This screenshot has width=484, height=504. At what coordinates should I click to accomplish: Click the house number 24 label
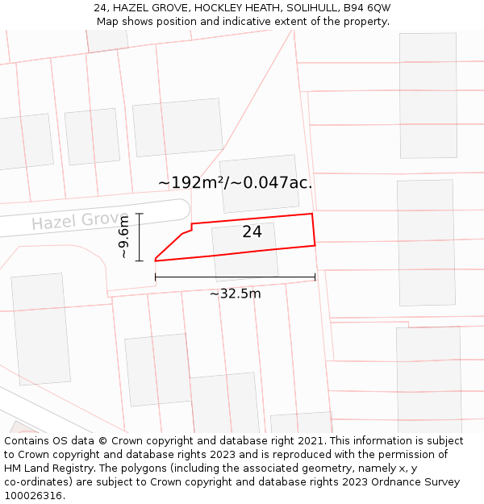coord(252,232)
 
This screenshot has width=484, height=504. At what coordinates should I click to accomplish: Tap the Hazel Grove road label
coord(74,221)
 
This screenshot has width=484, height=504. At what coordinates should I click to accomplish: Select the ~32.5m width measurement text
coord(235,294)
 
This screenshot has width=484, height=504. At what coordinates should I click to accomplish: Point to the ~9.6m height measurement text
coord(123,237)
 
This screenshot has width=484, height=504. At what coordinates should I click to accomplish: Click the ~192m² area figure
coord(191,183)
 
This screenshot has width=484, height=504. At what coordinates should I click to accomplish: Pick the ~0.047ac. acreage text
coord(272,183)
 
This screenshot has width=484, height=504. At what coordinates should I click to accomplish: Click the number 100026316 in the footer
coord(33,496)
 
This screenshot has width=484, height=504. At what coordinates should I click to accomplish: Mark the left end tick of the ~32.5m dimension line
coord(155,277)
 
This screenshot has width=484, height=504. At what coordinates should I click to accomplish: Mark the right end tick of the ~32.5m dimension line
coord(315,277)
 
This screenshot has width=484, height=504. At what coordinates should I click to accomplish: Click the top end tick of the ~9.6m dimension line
coord(139,214)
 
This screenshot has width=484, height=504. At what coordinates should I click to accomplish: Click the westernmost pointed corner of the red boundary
coord(155,260)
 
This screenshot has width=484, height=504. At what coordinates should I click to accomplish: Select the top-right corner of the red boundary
coord(311,214)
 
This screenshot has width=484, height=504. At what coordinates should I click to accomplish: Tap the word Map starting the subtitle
coord(108,21)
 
